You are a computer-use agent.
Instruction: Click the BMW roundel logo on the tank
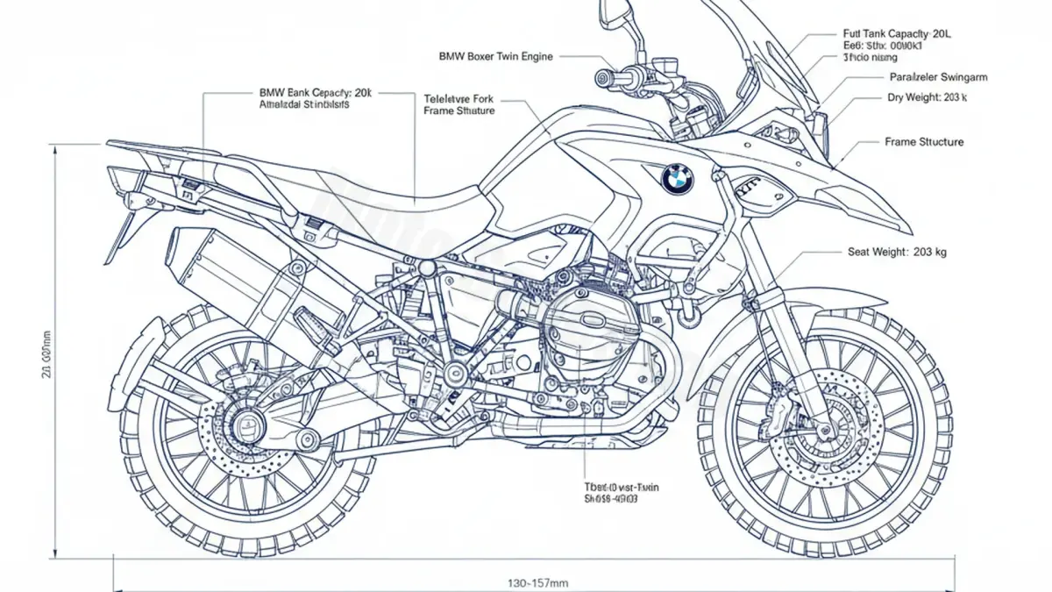677,179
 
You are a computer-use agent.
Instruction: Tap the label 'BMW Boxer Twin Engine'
495,56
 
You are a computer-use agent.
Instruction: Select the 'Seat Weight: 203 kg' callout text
897,252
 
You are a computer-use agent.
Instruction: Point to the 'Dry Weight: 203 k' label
928,97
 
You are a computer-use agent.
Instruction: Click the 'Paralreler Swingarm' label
938,77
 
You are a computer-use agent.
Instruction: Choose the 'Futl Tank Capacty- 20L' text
896,33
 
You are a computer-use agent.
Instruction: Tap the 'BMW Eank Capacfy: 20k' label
316,91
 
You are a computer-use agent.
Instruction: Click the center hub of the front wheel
824,430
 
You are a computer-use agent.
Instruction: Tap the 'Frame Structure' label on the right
923,141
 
